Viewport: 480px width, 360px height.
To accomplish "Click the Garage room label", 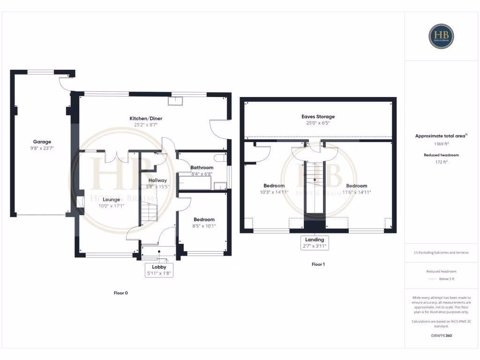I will [x=42, y=142].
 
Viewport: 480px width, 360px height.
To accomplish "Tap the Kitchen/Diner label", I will [x=146, y=119].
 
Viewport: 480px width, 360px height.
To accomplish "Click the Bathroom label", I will [x=202, y=167].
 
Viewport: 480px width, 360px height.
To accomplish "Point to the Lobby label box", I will [x=159, y=270].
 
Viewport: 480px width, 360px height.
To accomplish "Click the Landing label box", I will [x=314, y=242].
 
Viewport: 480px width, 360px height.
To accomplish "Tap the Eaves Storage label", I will [x=318, y=117].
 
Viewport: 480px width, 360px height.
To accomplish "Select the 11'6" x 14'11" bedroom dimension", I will [x=356, y=192].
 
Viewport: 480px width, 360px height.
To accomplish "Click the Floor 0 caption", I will [x=120, y=293].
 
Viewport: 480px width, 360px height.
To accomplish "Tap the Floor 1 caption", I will [x=318, y=264].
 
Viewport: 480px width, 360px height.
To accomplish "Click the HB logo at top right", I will [x=441, y=36].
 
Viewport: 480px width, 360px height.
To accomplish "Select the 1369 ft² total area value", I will [x=441, y=145].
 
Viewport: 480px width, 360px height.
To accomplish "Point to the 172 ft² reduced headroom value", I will [x=441, y=162].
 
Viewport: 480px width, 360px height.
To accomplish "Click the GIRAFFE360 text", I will [x=441, y=336].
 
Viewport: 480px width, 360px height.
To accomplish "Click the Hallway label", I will [x=157, y=180].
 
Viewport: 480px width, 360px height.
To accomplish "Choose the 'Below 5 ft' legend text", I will [x=447, y=279].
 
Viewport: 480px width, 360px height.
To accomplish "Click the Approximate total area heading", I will [x=440, y=136].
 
